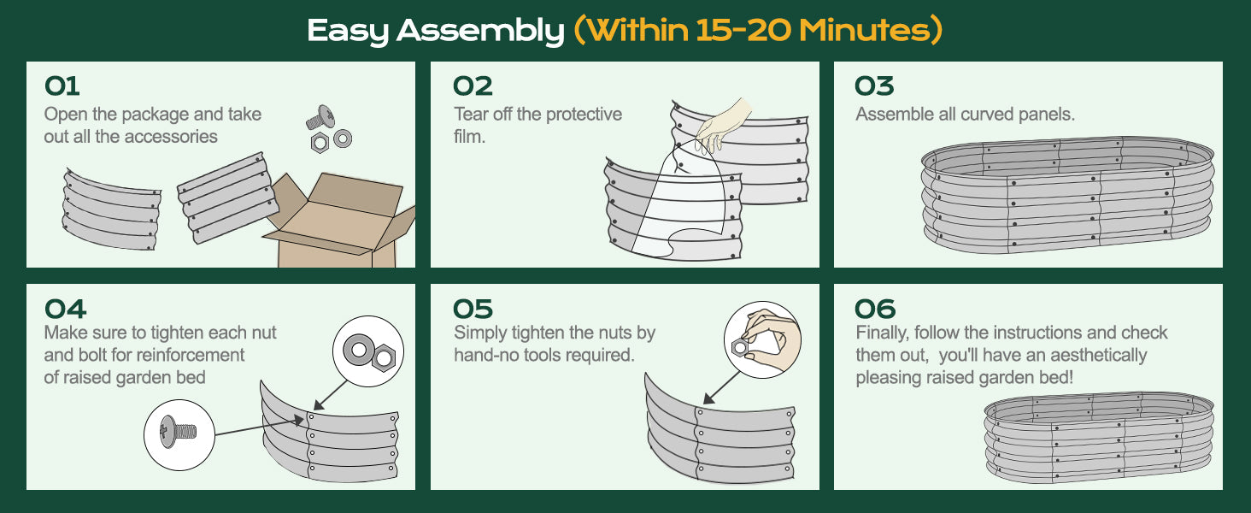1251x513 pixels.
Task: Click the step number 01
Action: coord(62,86)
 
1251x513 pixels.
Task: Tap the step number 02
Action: coord(473,86)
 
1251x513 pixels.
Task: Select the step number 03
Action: coord(874,86)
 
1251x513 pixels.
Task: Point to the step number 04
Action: coord(65,309)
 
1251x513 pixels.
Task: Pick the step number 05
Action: coord(473,309)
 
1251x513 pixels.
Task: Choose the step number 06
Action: coord(875,309)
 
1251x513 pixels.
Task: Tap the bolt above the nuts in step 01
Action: coord(320,117)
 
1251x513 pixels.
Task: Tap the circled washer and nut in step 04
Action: coord(368,351)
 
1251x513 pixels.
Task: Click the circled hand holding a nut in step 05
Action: coord(762,339)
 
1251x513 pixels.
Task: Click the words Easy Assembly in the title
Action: coord(435,31)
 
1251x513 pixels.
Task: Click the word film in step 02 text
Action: coord(469,137)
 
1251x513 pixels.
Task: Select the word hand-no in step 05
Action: coord(484,355)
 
